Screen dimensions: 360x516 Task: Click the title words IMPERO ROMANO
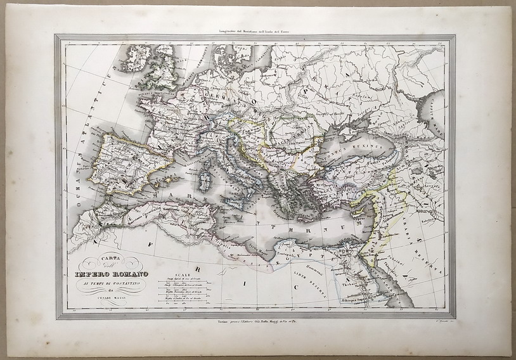(112, 273)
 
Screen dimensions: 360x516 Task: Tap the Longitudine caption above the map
(253, 30)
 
